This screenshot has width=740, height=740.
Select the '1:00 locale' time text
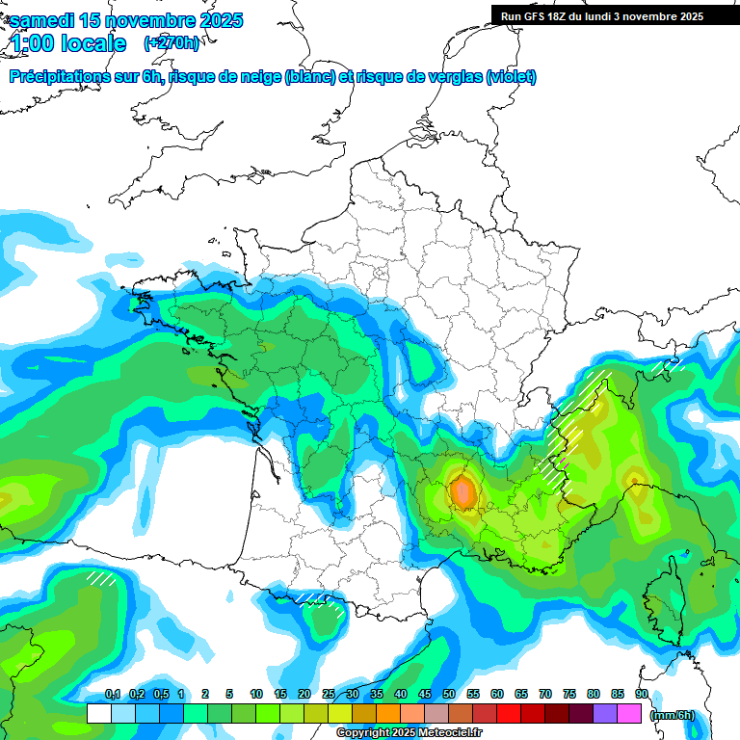pyautogui.click(x=68, y=43)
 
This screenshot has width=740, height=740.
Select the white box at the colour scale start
pyautogui.click(x=98, y=714)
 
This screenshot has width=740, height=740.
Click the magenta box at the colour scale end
pyautogui.click(x=630, y=714)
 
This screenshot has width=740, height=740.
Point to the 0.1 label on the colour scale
pyautogui.click(x=112, y=695)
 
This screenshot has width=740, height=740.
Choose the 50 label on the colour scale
pyautogui.click(x=449, y=695)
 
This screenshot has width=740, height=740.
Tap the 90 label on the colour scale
pyautogui.click(x=642, y=695)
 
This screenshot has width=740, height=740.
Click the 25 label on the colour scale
pyautogui.click(x=329, y=695)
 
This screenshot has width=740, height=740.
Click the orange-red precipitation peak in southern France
pyautogui.click(x=463, y=491)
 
